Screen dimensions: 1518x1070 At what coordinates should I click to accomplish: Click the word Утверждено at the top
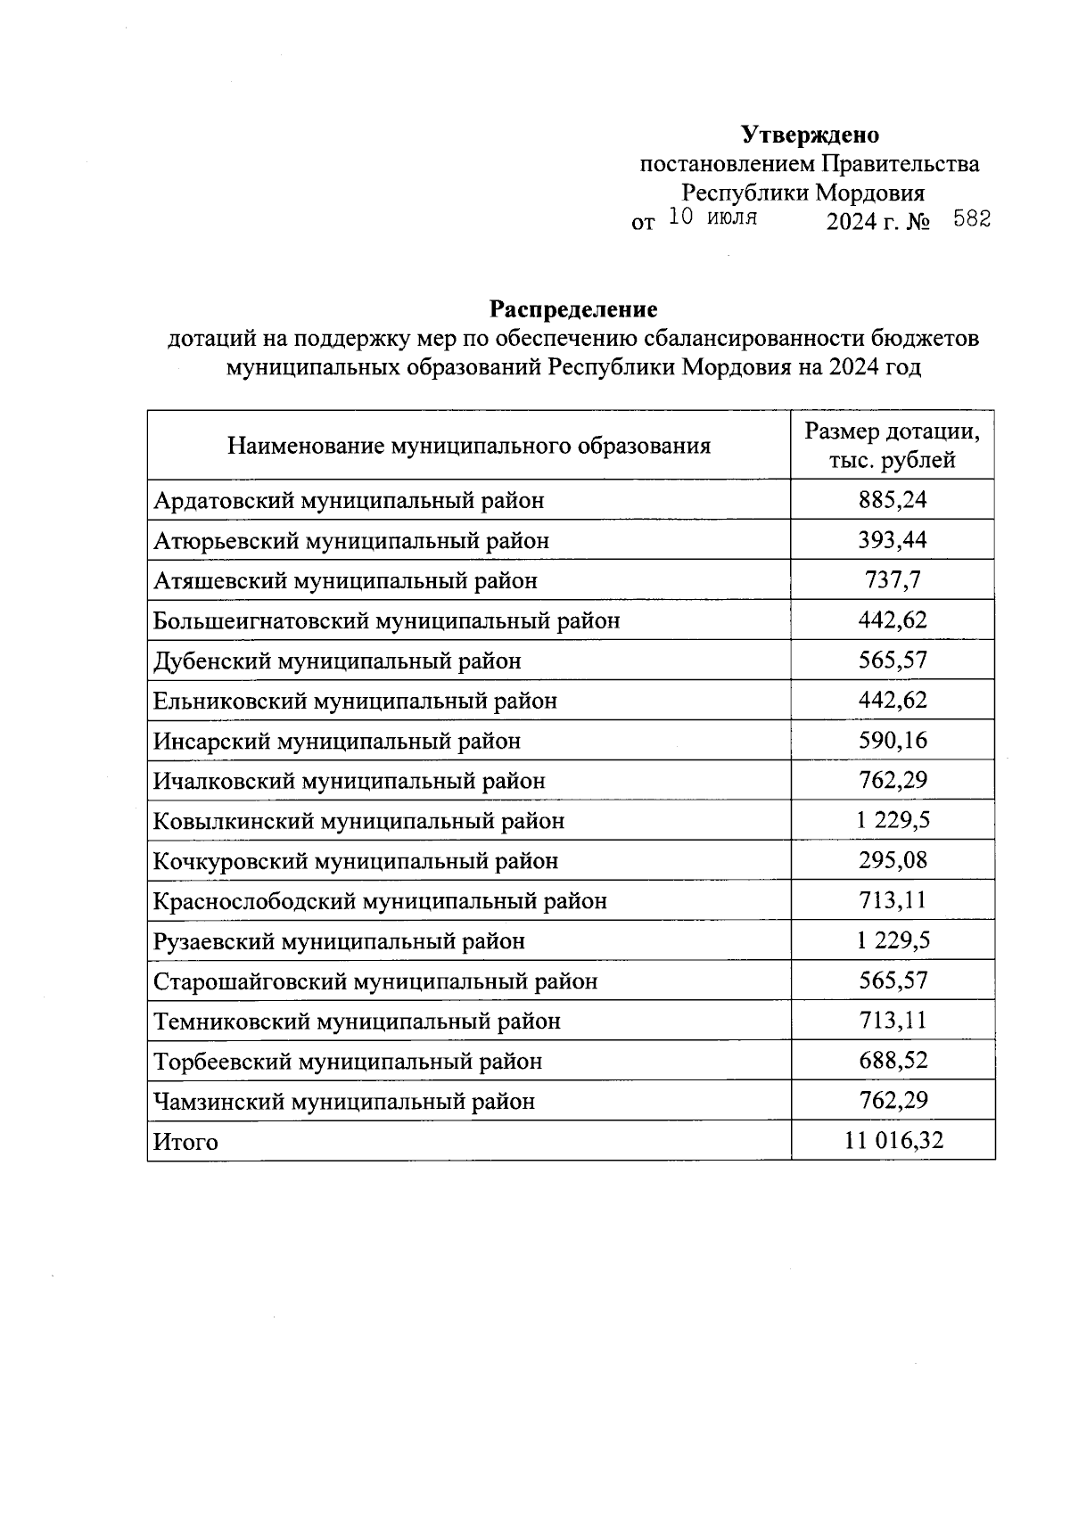click(810, 135)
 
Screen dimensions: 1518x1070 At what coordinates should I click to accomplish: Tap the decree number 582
click(972, 219)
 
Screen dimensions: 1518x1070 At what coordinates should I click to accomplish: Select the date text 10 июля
click(712, 217)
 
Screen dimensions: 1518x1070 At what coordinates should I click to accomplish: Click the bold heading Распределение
click(573, 309)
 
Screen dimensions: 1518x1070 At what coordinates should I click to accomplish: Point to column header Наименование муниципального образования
click(469, 446)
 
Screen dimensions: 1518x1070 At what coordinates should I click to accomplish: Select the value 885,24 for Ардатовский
click(893, 500)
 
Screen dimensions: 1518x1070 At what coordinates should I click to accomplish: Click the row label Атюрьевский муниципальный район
click(351, 541)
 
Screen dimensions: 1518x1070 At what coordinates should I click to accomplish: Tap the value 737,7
click(893, 580)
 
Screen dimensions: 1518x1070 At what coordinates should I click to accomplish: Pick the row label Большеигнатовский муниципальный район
click(386, 620)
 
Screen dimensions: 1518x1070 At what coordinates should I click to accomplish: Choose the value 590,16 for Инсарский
click(893, 740)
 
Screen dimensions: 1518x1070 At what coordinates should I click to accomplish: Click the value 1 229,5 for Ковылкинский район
click(893, 820)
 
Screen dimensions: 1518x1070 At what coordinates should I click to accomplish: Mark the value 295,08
click(893, 860)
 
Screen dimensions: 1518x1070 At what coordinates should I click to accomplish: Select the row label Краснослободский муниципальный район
click(380, 901)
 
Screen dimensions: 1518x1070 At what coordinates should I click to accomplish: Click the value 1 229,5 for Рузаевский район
click(893, 940)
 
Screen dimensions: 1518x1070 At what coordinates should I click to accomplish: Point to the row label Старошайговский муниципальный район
click(375, 981)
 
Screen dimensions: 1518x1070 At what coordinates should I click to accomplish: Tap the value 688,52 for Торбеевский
click(893, 1061)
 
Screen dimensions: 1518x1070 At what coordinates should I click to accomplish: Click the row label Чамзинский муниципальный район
click(344, 1102)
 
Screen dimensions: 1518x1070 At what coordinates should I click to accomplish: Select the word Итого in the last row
click(185, 1142)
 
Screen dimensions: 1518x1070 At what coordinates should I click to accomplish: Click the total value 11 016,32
click(893, 1140)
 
